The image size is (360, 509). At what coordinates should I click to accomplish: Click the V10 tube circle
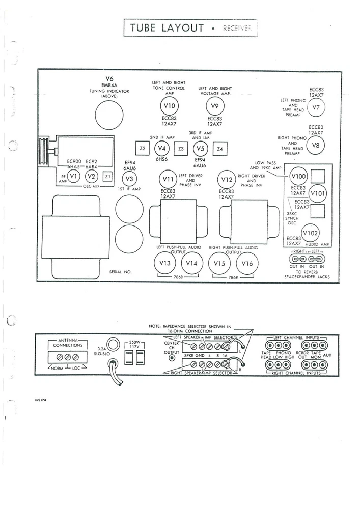click(x=171, y=106)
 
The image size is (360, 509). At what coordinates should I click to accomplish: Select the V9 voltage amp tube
click(x=214, y=106)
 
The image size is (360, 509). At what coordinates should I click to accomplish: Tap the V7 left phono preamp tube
click(x=316, y=108)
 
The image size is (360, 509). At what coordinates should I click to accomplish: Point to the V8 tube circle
click(x=316, y=146)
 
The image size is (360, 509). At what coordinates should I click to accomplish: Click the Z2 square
click(x=143, y=149)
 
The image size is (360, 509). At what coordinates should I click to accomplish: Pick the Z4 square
click(x=219, y=149)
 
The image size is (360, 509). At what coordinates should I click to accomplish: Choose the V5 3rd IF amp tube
click(x=200, y=149)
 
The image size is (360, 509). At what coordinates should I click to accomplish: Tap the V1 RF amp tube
click(x=74, y=176)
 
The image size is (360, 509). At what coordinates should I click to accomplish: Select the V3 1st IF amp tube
click(x=129, y=179)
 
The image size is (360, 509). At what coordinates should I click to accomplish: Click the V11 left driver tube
click(x=168, y=180)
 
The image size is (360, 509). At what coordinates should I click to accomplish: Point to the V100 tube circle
click(x=298, y=177)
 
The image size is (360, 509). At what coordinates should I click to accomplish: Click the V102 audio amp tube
click(x=310, y=233)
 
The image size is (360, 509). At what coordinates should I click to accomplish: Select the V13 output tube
click(x=164, y=263)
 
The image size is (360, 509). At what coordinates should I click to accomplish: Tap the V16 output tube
click(x=247, y=263)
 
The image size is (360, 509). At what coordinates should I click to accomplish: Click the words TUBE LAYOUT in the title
click(x=167, y=27)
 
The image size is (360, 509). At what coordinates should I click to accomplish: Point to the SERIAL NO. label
click(x=120, y=272)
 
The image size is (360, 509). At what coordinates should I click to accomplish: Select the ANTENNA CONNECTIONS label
click(x=68, y=343)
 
